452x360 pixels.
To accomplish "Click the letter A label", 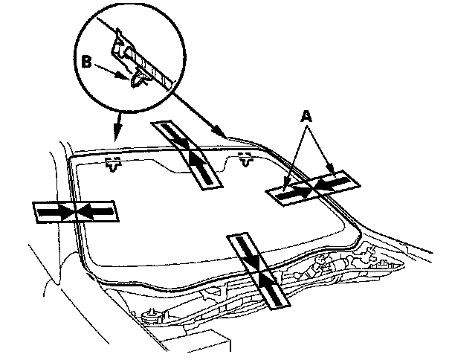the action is click(306, 116).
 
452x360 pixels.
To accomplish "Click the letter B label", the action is click(87, 62).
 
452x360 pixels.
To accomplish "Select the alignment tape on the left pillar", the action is click(76, 212).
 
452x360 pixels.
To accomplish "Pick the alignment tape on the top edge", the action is click(187, 155).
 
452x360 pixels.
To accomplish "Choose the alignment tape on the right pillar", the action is click(313, 187).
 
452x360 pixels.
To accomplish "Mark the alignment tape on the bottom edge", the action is click(258, 271).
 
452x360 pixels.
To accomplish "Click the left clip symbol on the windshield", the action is click(113, 164).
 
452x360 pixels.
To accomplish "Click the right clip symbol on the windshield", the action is click(245, 160).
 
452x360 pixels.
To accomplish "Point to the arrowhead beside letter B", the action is click(123, 76).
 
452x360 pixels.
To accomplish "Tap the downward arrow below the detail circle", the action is click(117, 127).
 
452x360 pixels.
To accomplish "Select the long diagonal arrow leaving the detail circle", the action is click(199, 112).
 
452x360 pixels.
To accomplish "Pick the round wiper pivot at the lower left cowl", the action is click(151, 315).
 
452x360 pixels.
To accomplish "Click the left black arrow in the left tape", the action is click(54, 212).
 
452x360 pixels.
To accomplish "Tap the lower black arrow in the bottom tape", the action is click(270, 288).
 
